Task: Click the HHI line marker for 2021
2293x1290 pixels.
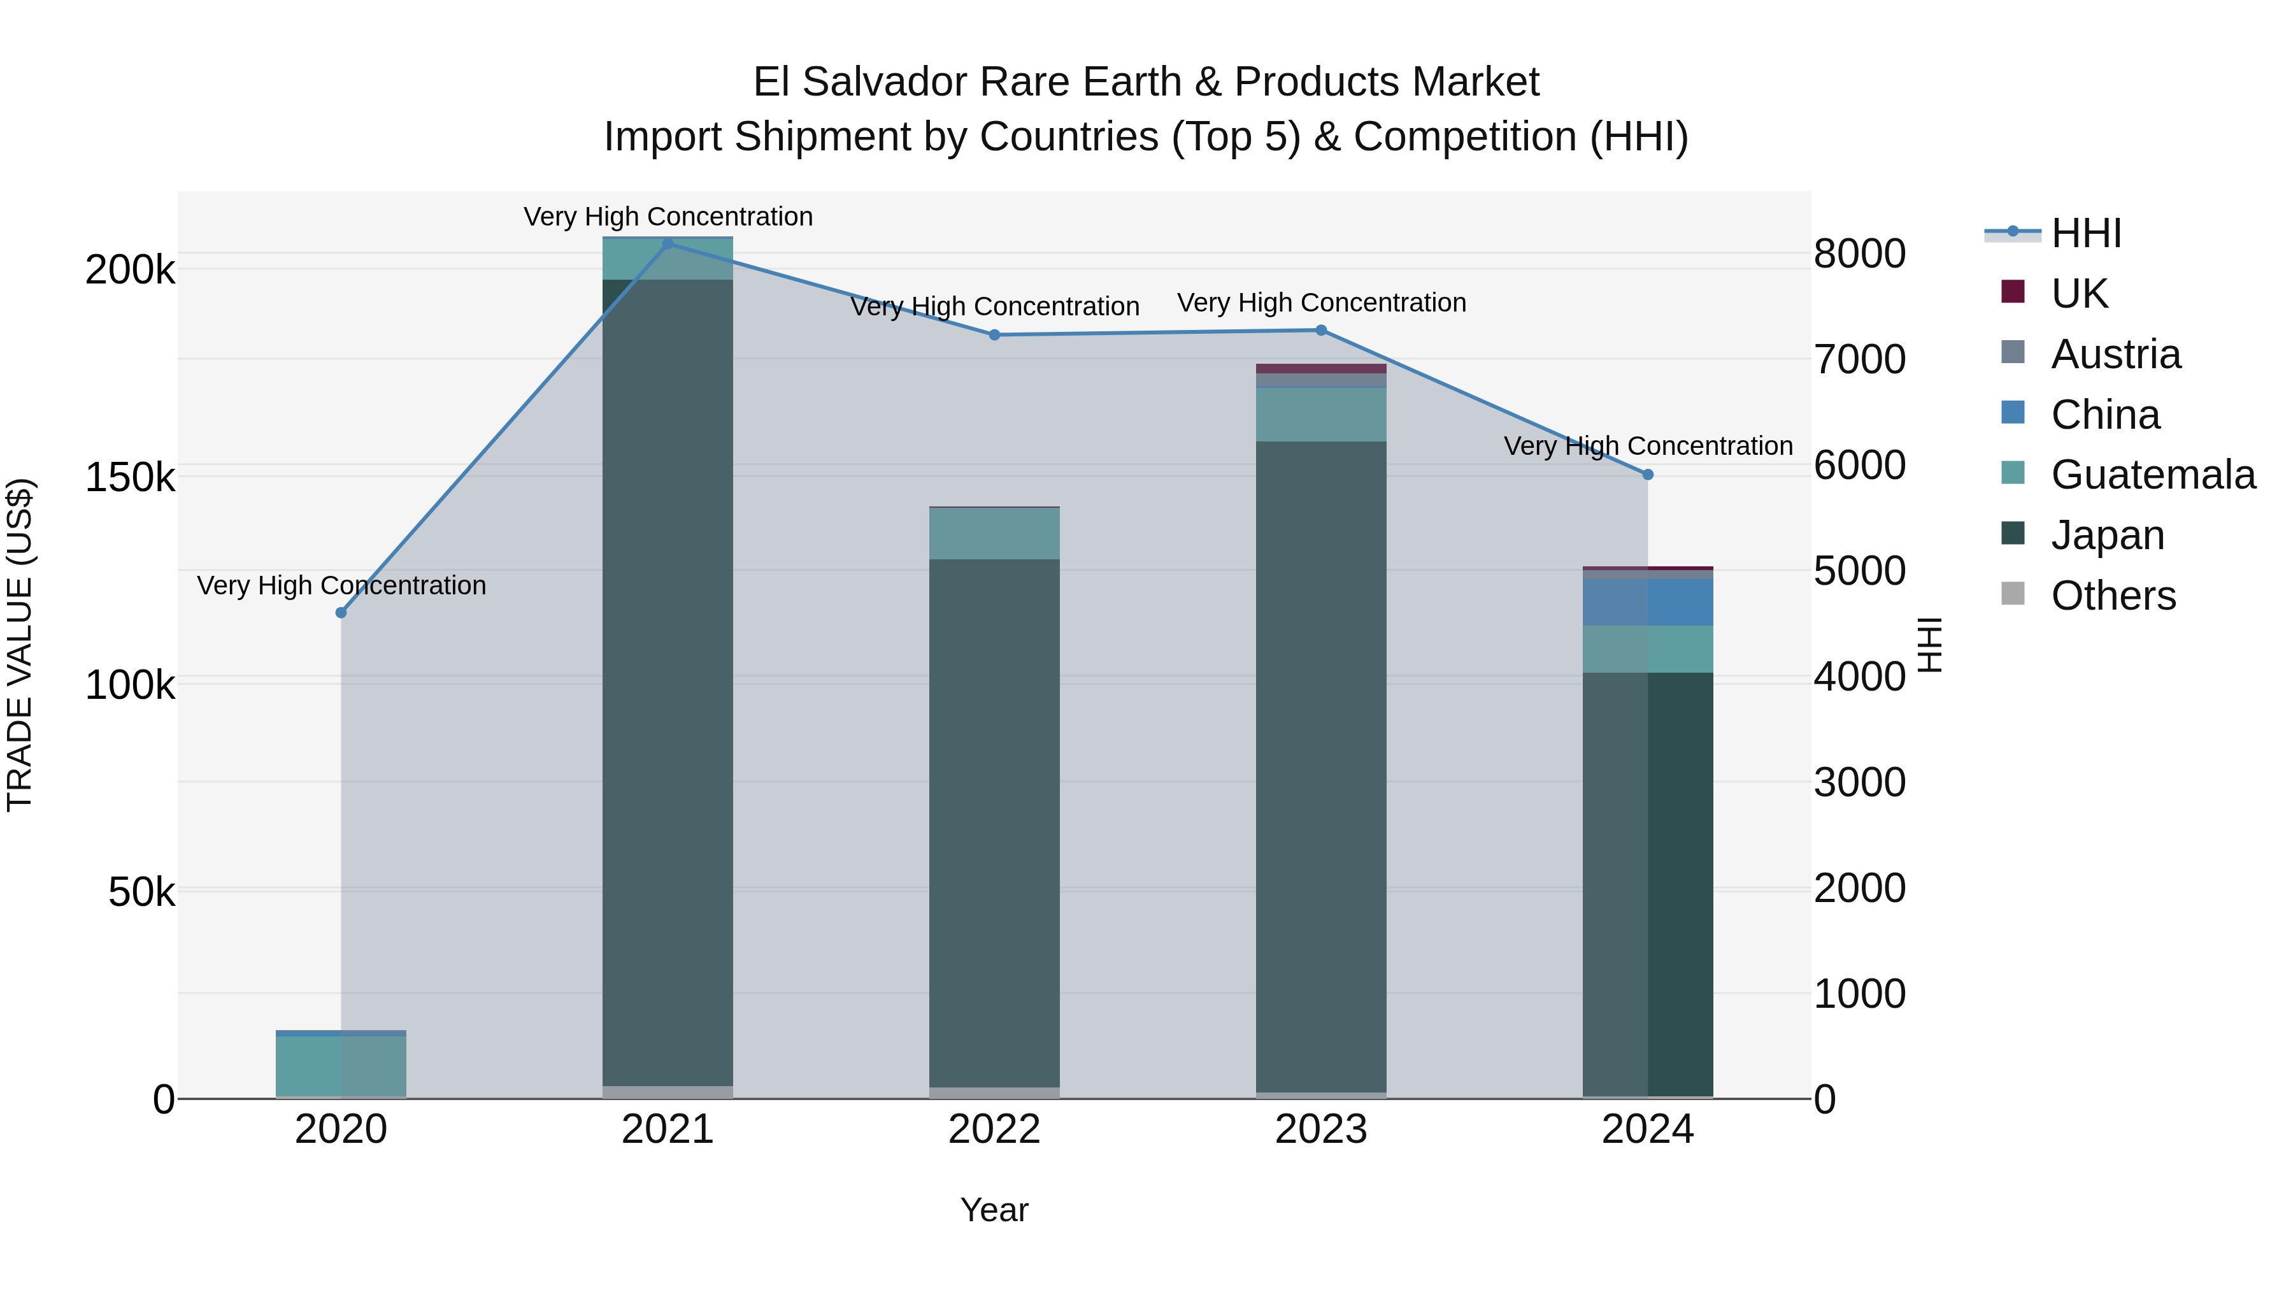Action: coord(668,243)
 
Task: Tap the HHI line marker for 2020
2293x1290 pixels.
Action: coord(341,612)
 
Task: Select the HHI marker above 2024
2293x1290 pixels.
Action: coord(1648,475)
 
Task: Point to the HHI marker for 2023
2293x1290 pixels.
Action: coord(1321,330)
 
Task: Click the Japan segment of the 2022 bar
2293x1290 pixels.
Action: coord(994,819)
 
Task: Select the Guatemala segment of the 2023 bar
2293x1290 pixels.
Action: coord(1321,414)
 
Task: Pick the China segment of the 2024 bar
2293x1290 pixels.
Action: coord(1648,602)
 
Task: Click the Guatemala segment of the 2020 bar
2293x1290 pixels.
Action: coord(341,1066)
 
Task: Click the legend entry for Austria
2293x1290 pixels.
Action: coord(2115,354)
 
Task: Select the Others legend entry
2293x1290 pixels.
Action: coord(2112,596)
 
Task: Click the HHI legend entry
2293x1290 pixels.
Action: coord(2085,233)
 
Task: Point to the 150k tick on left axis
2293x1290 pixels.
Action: coord(130,477)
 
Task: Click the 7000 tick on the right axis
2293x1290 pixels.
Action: coord(1859,360)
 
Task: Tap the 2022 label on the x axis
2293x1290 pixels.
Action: coord(994,1129)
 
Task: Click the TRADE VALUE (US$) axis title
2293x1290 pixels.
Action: coord(20,645)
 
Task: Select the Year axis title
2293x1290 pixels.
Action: coord(994,1210)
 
